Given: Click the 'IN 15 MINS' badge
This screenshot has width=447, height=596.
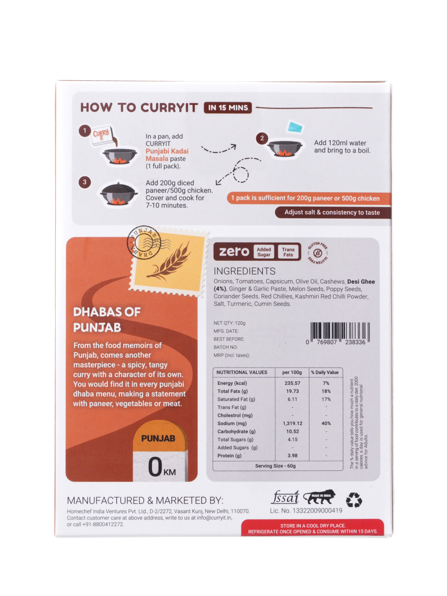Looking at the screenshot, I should pos(228,108).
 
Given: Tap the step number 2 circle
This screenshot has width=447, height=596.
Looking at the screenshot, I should pos(262,139).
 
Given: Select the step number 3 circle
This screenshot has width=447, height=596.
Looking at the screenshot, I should pos(85,182).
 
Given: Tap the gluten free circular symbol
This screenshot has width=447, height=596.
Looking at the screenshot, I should pos(315,251).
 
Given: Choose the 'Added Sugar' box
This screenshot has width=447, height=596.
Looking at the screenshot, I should pos(264,252).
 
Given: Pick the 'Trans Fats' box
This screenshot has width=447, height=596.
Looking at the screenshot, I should pos(288,252).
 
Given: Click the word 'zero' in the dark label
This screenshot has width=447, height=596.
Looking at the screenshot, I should pos(234,252).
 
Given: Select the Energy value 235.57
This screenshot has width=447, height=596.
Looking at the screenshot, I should pos(292,383).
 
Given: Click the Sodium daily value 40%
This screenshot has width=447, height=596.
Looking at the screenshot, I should pos(325,423).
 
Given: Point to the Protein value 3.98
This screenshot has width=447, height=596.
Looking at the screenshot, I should pos(292,455).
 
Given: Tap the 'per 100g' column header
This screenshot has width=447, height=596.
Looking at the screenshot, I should pos(292,372).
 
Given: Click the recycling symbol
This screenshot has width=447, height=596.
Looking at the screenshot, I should pos(354,500).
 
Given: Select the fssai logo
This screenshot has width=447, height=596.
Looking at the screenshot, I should pos(285,497).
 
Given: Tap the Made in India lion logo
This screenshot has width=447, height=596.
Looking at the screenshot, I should pos(319,497).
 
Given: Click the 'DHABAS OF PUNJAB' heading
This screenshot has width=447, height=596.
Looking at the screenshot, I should pos(107,320).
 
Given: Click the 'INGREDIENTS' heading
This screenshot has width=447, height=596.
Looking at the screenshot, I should pos(244,271).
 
